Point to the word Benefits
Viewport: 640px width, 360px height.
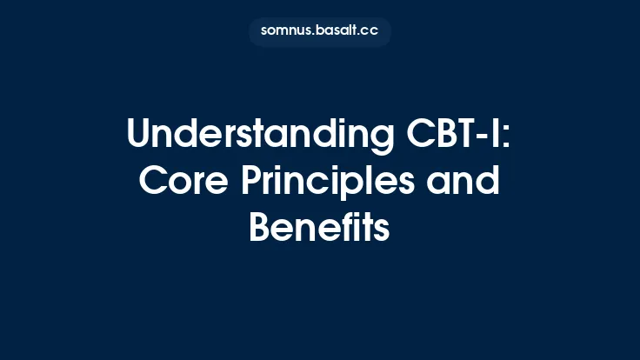[319, 228]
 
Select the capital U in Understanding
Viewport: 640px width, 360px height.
[139, 137]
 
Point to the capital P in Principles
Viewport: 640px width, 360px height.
[257, 182]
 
